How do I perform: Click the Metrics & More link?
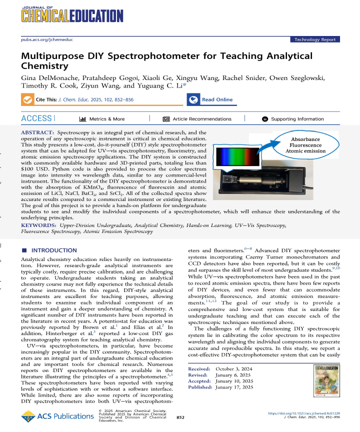coord(102,119)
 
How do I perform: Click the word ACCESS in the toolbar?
coord(36,118)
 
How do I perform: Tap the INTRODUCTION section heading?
coord(49,249)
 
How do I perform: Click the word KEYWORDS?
coord(38,225)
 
